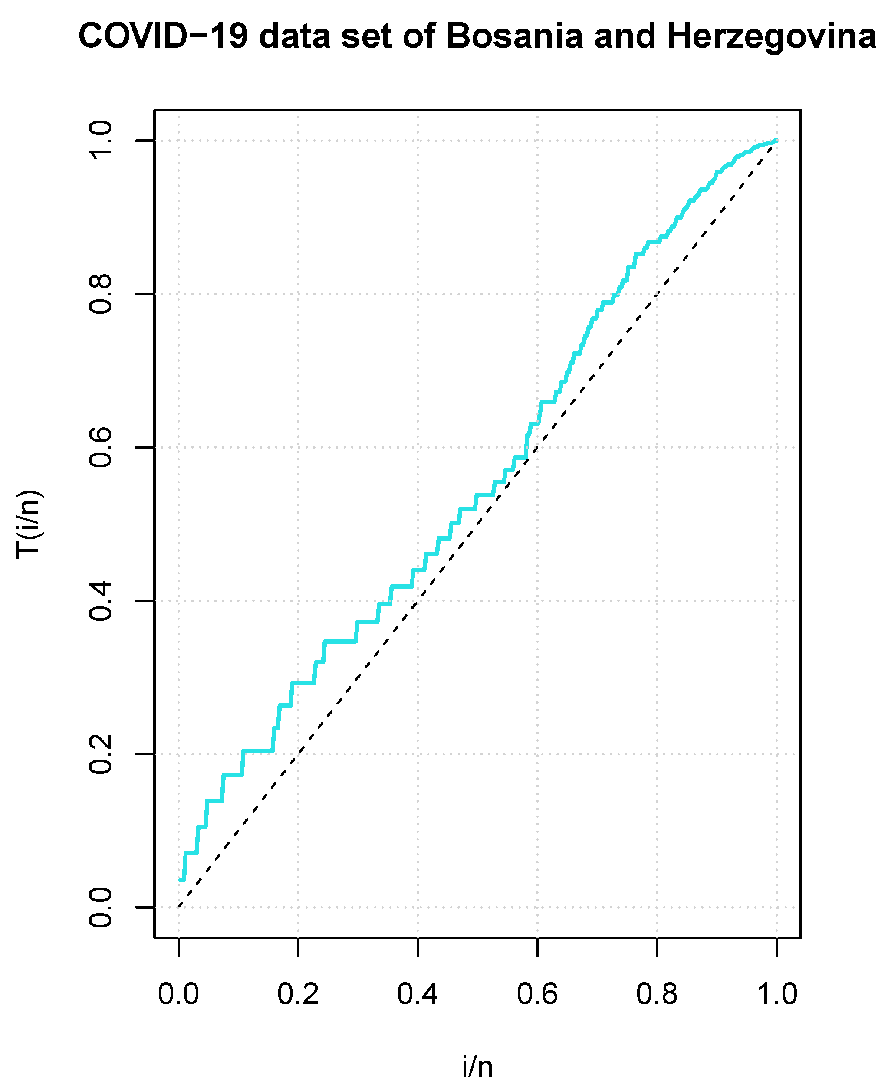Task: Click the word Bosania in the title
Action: (x=514, y=37)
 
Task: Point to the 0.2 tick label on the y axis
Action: (x=101, y=754)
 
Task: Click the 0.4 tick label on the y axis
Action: (x=101, y=601)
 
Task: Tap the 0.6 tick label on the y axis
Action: (x=101, y=447)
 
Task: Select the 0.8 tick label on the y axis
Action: (x=101, y=294)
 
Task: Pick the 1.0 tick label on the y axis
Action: (x=101, y=141)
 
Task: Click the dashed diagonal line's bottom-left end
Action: (x=179, y=907)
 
